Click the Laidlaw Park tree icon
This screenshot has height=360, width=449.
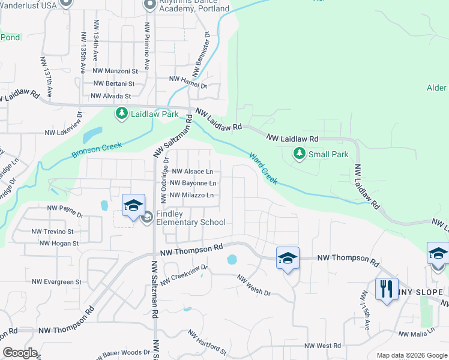(x=121, y=113)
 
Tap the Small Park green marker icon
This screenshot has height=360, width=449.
(x=299, y=154)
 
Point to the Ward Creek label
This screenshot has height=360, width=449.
(x=264, y=167)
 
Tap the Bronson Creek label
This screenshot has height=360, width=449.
(x=97, y=149)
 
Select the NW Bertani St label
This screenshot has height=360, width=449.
(x=114, y=84)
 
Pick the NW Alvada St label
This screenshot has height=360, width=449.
(x=110, y=96)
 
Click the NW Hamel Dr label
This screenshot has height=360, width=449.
(x=188, y=79)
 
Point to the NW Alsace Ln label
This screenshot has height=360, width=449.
(x=193, y=172)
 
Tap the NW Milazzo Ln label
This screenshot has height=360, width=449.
(x=192, y=195)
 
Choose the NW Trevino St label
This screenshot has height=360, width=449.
(x=53, y=231)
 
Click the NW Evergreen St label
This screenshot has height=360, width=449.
(x=57, y=281)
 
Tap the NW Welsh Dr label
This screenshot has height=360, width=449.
(x=254, y=286)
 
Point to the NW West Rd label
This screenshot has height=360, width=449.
(x=322, y=346)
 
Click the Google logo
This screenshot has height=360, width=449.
(x=20, y=352)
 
